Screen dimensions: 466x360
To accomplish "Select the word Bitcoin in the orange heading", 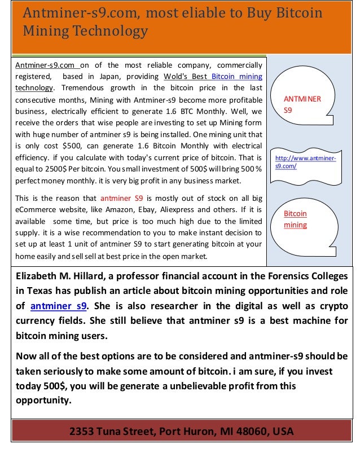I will click(294, 12).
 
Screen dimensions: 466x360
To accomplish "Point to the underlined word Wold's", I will click(176, 76).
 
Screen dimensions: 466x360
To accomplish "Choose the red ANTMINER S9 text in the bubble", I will click(302, 105).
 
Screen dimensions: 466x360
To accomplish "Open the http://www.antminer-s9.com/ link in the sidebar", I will click(305, 162).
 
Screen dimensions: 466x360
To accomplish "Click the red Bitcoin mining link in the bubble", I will click(295, 219).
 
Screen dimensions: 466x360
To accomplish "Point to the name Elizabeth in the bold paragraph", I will click(38, 276).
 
